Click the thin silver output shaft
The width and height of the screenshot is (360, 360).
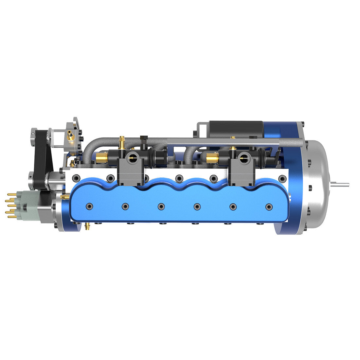[x=340, y=185]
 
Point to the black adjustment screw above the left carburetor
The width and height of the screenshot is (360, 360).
[x=143, y=141]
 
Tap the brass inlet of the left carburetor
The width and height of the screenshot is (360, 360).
[x=102, y=158]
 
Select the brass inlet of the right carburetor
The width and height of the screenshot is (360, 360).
[x=212, y=159]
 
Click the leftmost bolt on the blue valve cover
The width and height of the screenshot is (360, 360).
[x=89, y=206]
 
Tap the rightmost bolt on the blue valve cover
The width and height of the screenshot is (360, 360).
[x=269, y=207]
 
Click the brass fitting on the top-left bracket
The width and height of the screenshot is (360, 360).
[x=70, y=135]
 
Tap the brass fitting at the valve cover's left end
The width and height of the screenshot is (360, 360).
[x=64, y=196]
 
